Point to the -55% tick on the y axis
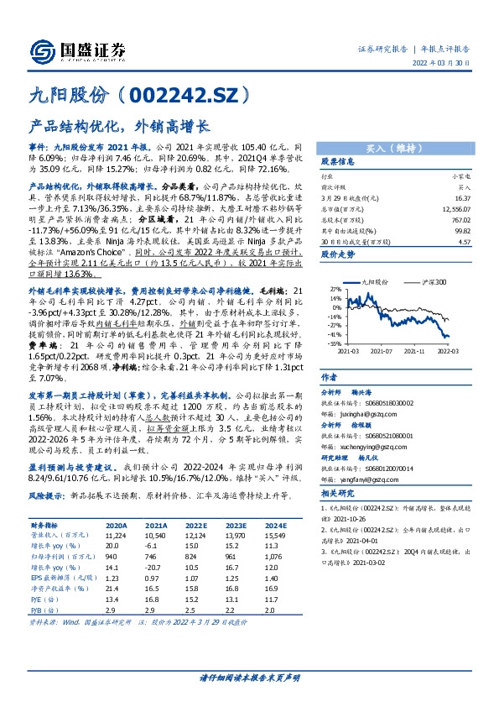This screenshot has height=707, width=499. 335,343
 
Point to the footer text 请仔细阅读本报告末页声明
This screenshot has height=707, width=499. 249,677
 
